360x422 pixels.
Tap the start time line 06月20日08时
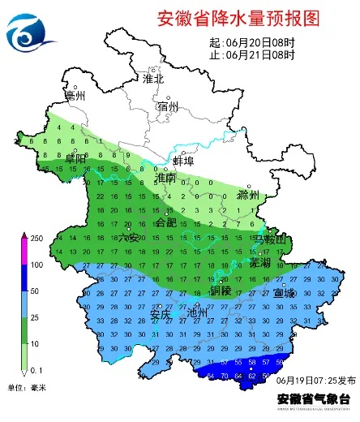[x=251, y=42]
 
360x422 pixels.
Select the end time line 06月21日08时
[x=251, y=54]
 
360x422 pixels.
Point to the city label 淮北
[x=153, y=79]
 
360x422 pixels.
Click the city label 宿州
[x=169, y=107]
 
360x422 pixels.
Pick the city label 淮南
[x=165, y=177]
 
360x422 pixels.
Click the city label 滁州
[x=247, y=196]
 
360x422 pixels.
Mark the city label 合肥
[x=165, y=221]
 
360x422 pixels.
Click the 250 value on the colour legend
[x=36, y=238]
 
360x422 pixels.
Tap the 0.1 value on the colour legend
[x=36, y=370]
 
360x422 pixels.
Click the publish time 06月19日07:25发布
[x=315, y=380]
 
